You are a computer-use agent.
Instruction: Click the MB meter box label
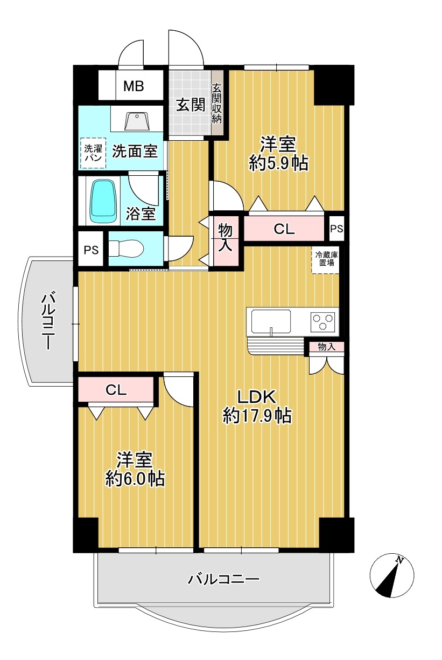[x=134, y=86]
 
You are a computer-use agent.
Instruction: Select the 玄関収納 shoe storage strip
[x=217, y=103]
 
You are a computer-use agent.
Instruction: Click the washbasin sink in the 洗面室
[x=137, y=121]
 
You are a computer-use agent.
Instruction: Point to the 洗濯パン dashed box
[x=93, y=153]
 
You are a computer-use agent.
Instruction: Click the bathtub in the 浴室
[x=103, y=202]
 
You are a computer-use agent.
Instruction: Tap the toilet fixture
[x=126, y=249]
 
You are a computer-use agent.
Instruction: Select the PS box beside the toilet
[x=91, y=250]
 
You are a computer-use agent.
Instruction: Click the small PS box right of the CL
[x=336, y=228]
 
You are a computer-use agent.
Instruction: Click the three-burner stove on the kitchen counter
[x=323, y=321]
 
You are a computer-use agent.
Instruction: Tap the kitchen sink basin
[x=271, y=321]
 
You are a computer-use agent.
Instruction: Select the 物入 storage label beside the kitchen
[x=327, y=347]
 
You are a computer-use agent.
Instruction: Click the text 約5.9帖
[x=279, y=163]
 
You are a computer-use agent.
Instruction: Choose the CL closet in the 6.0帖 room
[x=116, y=390]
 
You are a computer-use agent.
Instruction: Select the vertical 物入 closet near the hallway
[x=226, y=241]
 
